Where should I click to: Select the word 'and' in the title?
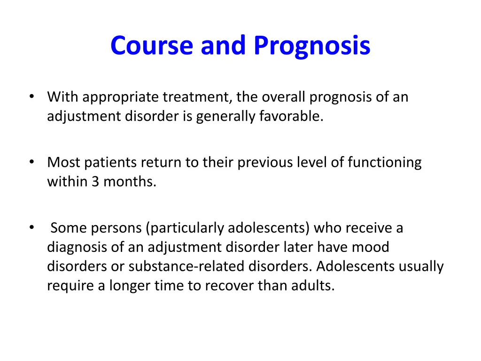click(224, 46)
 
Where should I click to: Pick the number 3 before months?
click(95, 181)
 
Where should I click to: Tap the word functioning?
click(385, 163)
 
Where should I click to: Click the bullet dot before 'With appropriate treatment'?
click(31, 97)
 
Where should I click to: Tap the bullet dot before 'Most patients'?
click(31, 163)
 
